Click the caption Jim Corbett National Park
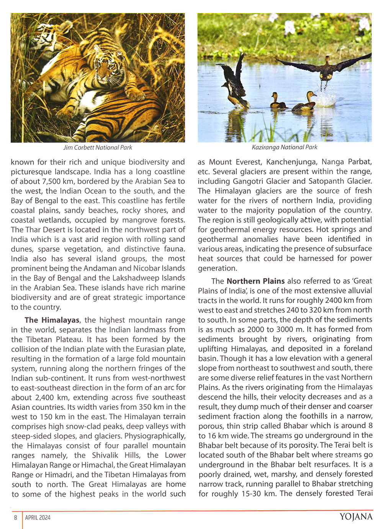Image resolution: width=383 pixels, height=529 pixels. pyautogui.click(x=98, y=147)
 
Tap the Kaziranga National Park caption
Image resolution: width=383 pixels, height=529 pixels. pyautogui.click(x=285, y=147)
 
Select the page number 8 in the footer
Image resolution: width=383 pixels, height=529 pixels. pyautogui.click(x=16, y=518)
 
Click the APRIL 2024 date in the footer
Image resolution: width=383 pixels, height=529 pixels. pyautogui.click(x=38, y=518)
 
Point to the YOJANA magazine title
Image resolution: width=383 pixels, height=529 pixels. pyautogui.click(x=356, y=517)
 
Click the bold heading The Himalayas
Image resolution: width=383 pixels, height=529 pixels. pyautogui.click(x=52, y=320)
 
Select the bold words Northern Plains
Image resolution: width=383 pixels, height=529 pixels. pyautogui.click(x=255, y=281)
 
